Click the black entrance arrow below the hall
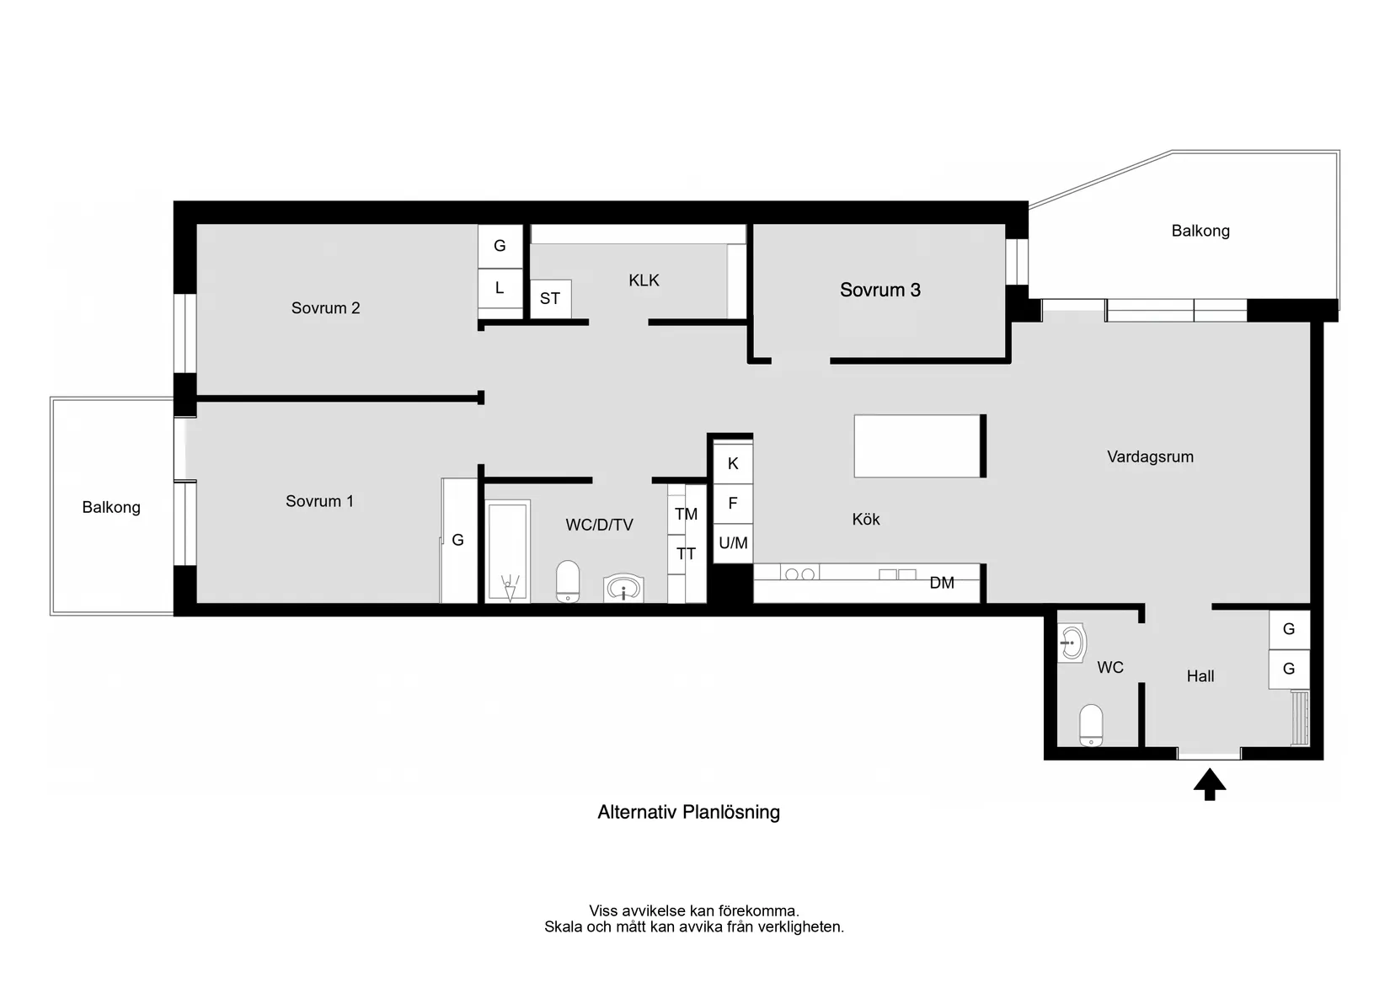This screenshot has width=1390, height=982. coord(1209,784)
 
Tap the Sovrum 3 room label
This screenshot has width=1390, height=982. coord(879,290)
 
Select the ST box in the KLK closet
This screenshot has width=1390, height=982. coord(550,299)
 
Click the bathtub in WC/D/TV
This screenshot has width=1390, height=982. coord(508,551)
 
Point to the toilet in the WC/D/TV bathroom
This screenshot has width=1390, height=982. coord(568,581)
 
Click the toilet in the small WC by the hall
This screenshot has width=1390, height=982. coord(1091,725)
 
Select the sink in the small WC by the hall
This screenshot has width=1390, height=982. coord(1072,644)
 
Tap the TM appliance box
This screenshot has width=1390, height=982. coord(686,514)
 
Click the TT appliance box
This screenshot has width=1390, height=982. coord(686,554)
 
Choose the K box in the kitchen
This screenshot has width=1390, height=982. coord(733,463)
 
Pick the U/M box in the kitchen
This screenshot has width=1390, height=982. coord(733,543)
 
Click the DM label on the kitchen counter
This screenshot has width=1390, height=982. coord(942,583)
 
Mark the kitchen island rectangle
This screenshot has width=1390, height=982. coord(918,446)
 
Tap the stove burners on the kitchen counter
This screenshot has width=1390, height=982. coord(799,574)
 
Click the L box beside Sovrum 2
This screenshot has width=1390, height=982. coord(500,288)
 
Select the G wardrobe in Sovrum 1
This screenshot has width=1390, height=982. coord(458,540)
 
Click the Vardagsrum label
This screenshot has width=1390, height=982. coord(1150,456)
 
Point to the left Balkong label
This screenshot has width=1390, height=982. coord(111,507)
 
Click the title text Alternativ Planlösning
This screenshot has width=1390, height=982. coord(688,812)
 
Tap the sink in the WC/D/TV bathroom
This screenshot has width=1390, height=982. coord(623,588)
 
